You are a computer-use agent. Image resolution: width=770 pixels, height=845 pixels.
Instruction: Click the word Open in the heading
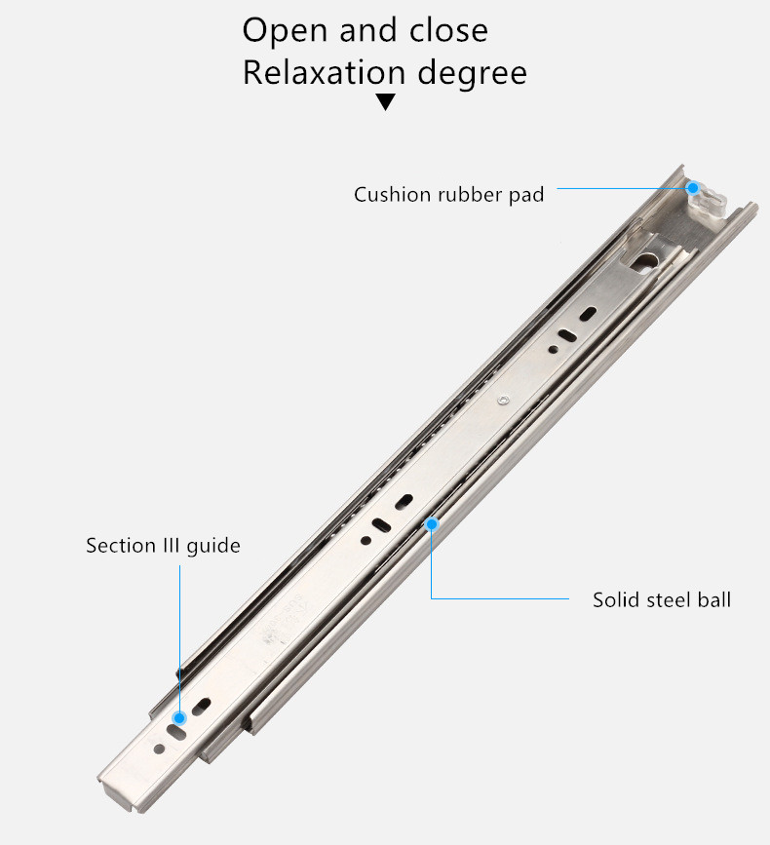tap(285, 31)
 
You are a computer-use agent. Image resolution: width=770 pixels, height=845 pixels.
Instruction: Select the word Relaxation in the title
tap(324, 72)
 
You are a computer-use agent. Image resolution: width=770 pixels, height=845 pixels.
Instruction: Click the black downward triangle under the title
tap(385, 101)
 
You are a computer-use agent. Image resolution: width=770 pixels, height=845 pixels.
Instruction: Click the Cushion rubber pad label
tap(449, 195)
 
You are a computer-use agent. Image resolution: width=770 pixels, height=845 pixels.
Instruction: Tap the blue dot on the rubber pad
tap(693, 188)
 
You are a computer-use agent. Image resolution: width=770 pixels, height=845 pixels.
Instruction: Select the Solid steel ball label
tap(662, 599)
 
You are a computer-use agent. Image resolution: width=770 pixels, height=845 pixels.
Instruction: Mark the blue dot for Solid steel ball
tap(432, 523)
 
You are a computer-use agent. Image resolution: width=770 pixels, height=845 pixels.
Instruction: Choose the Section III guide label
tap(164, 546)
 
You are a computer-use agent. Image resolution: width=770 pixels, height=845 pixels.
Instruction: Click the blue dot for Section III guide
tap(180, 718)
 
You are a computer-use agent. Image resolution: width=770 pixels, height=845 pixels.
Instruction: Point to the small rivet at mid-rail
tap(503, 400)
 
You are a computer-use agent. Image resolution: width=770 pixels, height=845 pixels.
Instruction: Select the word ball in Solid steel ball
tap(714, 599)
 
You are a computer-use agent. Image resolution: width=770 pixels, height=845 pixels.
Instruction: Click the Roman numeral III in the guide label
tap(171, 546)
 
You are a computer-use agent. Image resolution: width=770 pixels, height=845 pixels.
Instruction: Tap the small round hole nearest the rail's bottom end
tap(160, 749)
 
